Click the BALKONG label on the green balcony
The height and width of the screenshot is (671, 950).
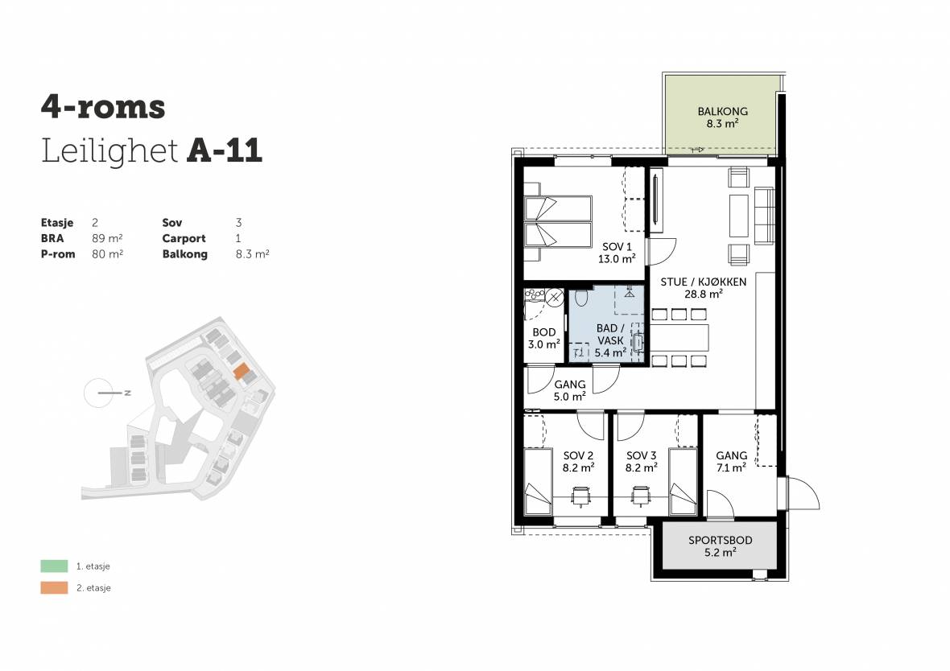[x=722, y=111]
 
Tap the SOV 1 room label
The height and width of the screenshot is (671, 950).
[x=617, y=247]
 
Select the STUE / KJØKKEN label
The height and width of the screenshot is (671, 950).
[x=704, y=282]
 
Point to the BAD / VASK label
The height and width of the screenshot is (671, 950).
[x=610, y=334]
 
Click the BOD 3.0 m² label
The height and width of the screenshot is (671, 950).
[x=544, y=339]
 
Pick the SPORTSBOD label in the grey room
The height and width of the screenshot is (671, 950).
[x=721, y=540]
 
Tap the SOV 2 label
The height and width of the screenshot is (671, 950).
[x=578, y=455]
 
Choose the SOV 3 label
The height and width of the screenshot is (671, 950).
[x=641, y=455]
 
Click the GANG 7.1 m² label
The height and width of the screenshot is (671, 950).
[x=731, y=462]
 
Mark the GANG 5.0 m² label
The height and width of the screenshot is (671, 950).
[x=569, y=390]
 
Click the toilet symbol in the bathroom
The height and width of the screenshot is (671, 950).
[x=581, y=298]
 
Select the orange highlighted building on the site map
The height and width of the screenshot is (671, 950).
[x=242, y=371]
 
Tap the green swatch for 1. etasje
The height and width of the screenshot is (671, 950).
[x=54, y=566]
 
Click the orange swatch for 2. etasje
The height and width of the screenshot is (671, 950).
[x=54, y=587]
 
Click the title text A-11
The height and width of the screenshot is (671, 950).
[x=225, y=150]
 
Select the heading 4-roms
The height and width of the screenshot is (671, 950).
[x=103, y=107]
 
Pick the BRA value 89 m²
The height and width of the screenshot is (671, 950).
[x=107, y=238]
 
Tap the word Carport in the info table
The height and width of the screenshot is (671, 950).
[x=184, y=239]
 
